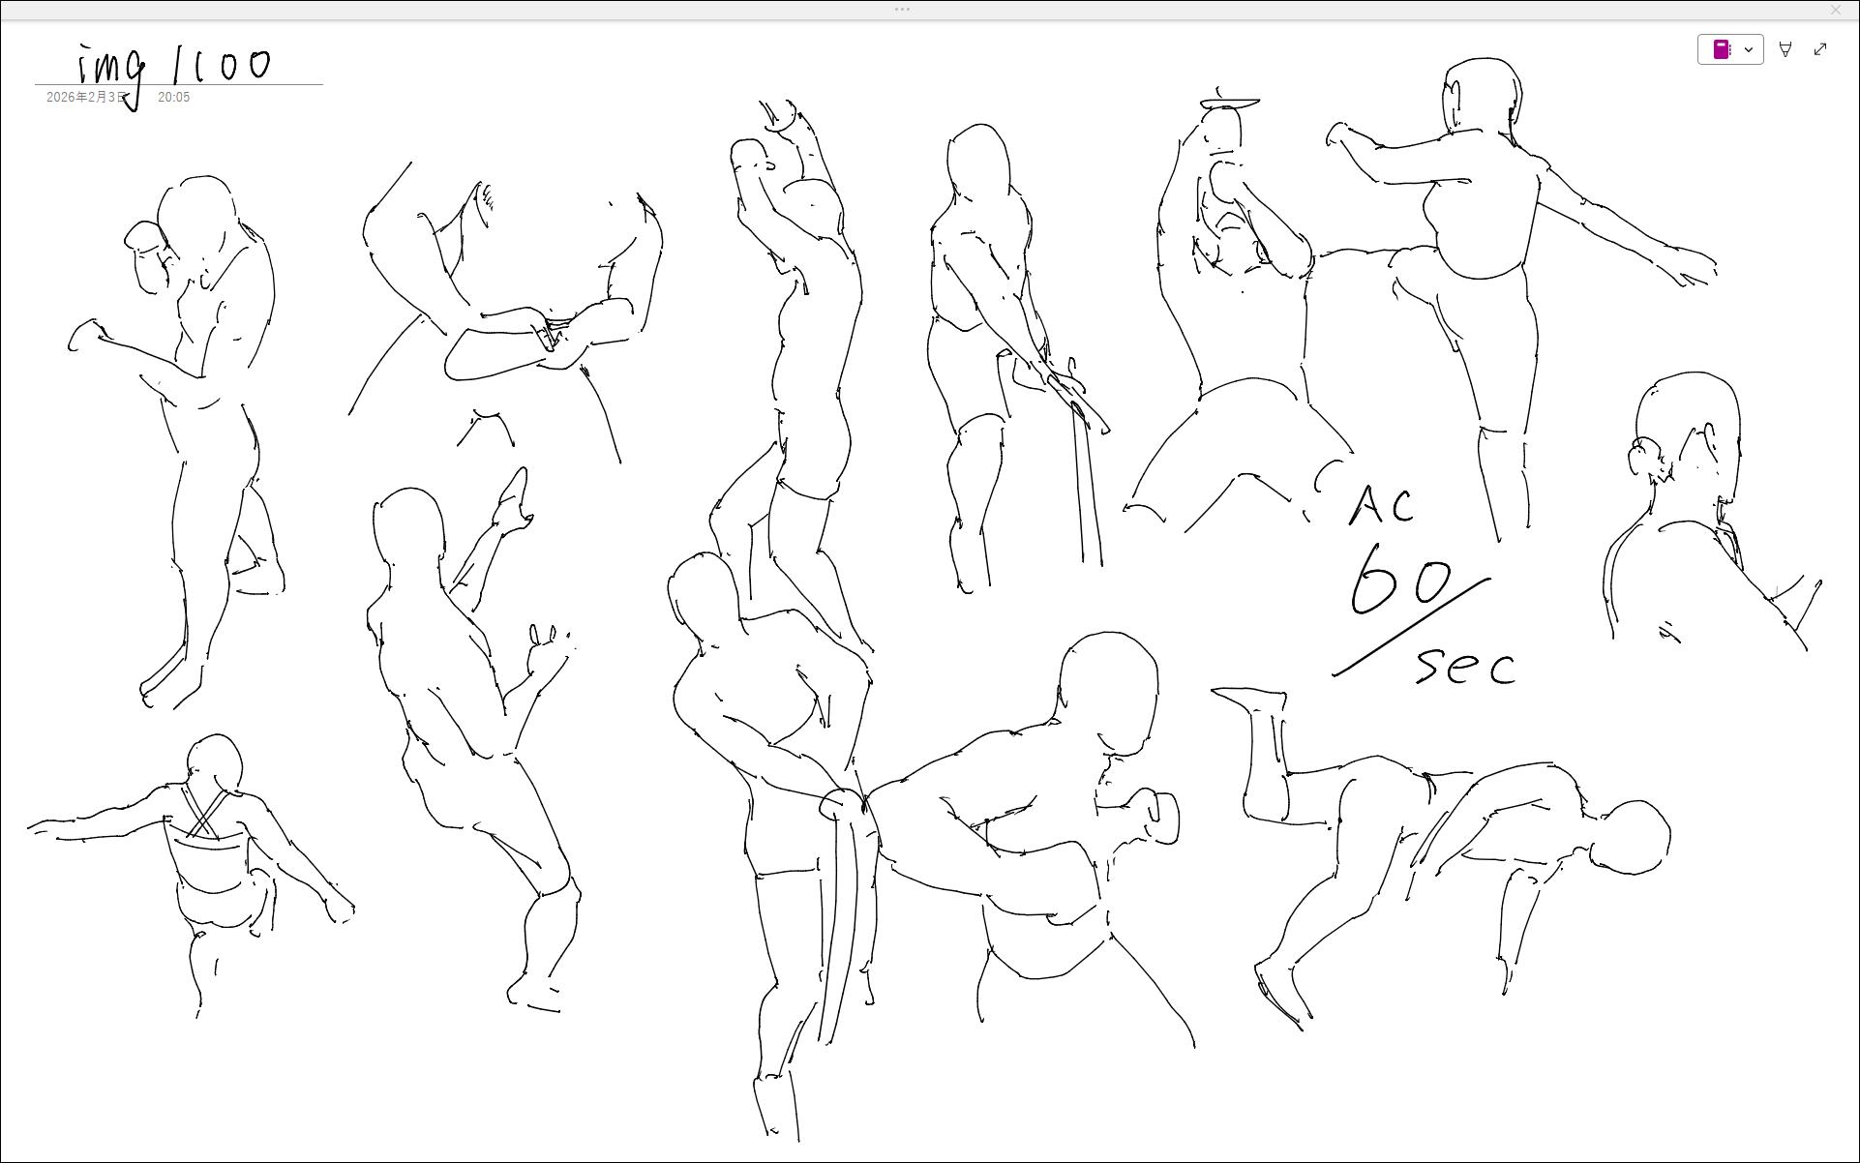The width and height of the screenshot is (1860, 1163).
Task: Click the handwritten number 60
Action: pos(1400,580)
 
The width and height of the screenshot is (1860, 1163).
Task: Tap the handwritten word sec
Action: pos(1466,667)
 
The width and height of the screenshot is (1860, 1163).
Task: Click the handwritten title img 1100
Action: pos(174,68)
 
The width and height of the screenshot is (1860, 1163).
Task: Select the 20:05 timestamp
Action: pos(173,98)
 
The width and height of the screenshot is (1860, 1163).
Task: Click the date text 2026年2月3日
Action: pos(86,98)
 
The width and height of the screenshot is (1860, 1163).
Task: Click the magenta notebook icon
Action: pos(1722,49)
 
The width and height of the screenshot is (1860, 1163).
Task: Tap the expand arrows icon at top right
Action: pos(1820,49)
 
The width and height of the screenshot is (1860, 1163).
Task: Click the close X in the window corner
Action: pos(1836,9)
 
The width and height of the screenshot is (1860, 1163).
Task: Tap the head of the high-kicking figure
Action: pos(1481,97)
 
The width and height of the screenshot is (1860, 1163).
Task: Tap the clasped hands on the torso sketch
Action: pos(547,334)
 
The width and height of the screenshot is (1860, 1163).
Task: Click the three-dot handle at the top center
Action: pos(902,9)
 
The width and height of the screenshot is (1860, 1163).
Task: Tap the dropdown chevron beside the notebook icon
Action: pos(1749,49)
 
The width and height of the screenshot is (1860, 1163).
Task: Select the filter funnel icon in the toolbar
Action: pos(1785,49)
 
